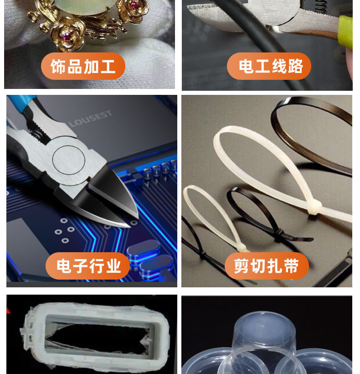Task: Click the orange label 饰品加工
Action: (x=83, y=67)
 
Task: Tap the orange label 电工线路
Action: (x=269, y=67)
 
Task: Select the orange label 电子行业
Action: (x=88, y=266)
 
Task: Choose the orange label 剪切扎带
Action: (x=267, y=266)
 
